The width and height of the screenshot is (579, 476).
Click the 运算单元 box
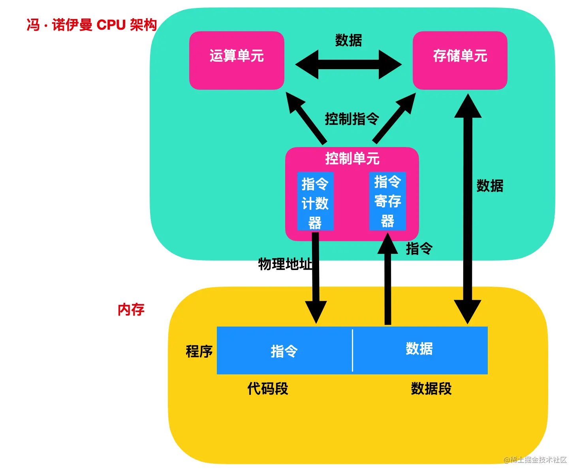pyautogui.click(x=237, y=60)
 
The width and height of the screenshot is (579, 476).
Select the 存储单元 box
pyautogui.click(x=460, y=60)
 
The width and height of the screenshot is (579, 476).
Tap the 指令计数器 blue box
pyautogui.click(x=315, y=201)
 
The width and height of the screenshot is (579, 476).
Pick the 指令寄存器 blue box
pyautogui.click(x=387, y=201)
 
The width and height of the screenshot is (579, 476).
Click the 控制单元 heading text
pyautogui.click(x=352, y=159)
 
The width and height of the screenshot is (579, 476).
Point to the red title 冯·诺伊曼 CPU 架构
pyautogui.click(x=92, y=25)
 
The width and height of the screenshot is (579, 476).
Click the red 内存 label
pyautogui.click(x=131, y=310)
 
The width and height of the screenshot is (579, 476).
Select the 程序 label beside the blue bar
pyautogui.click(x=199, y=351)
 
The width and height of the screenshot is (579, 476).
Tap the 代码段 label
pyautogui.click(x=268, y=389)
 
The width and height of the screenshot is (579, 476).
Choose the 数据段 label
pyautogui.click(x=431, y=389)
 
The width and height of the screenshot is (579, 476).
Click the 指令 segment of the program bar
pyautogui.click(x=284, y=351)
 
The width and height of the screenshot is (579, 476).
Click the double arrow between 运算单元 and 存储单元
pyautogui.click(x=348, y=64)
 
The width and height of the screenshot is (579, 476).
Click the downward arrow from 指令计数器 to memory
pyautogui.click(x=316, y=277)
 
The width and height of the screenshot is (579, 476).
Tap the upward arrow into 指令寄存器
pyautogui.click(x=388, y=279)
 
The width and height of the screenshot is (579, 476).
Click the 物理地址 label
pyautogui.click(x=285, y=264)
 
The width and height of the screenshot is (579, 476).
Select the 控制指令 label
pyautogui.click(x=352, y=119)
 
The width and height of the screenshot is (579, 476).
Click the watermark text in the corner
pyautogui.click(x=535, y=460)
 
